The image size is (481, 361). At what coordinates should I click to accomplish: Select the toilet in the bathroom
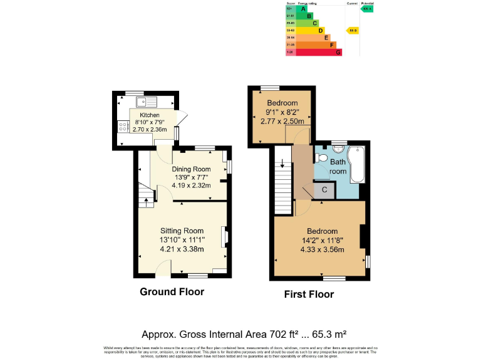pyautogui.click(x=321, y=158)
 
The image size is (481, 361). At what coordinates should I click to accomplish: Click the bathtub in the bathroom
pyautogui.click(x=358, y=164)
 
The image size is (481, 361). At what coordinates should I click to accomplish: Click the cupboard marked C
pyautogui.click(x=324, y=190)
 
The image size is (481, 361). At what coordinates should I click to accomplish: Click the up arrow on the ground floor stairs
pyautogui.click(x=146, y=202)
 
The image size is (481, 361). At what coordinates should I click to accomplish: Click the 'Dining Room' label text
pyautogui.click(x=192, y=169)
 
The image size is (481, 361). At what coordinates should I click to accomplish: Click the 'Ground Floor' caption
pyautogui.click(x=172, y=291)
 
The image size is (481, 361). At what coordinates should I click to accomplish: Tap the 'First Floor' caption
pyautogui.click(x=309, y=294)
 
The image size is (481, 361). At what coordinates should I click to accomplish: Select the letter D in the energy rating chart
pyautogui.click(x=321, y=29)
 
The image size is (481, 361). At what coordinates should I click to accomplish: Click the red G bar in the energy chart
pyautogui.click(x=319, y=53)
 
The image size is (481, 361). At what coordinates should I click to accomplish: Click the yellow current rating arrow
pyautogui.click(x=353, y=29)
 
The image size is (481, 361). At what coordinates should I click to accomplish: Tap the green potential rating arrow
pyautogui.click(x=367, y=9)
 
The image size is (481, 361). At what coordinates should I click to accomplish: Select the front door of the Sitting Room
pyautogui.click(x=163, y=269)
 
